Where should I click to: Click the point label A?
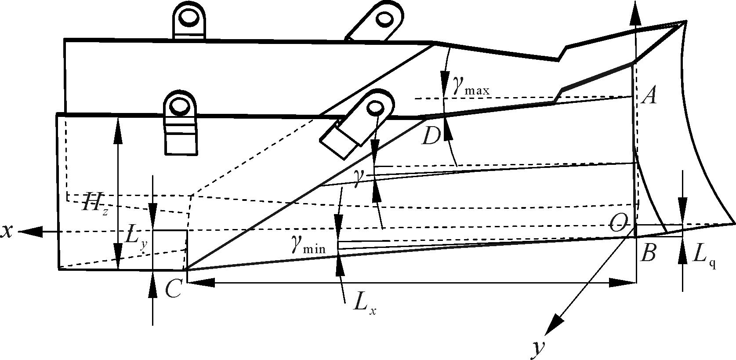coord(649,95)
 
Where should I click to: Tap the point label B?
coord(649,254)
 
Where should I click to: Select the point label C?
coord(173,289)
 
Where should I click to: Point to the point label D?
coord(431,137)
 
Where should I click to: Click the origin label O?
coord(618,225)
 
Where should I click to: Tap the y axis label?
coord(539,348)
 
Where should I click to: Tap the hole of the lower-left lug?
coord(179,105)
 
